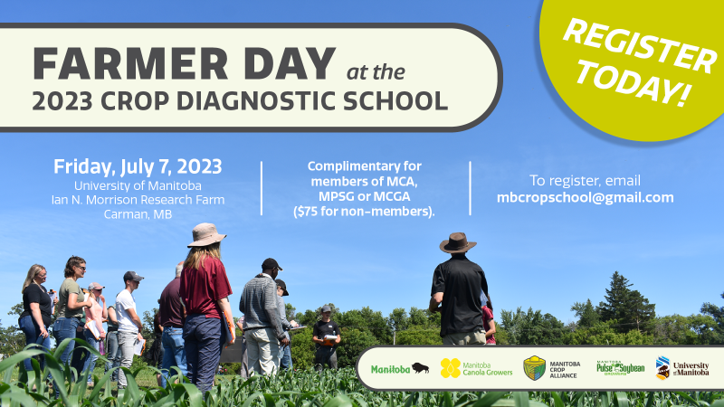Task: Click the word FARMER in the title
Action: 130,63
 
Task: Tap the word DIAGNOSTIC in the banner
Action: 255,100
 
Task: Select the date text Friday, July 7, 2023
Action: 138,166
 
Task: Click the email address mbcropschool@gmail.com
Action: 585,198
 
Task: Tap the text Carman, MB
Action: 138,214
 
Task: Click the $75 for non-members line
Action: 364,212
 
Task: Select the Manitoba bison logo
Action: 400,369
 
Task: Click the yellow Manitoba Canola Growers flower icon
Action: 450,368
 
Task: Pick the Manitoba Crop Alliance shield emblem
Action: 534,368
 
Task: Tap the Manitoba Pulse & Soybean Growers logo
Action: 620,368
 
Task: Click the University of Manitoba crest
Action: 662,368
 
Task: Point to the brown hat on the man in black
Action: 458,242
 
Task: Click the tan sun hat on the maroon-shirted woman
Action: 206,235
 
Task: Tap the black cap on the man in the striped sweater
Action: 271,264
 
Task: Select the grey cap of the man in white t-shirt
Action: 133,277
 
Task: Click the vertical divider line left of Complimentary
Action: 262,188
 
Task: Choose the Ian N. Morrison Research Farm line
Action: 138,200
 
